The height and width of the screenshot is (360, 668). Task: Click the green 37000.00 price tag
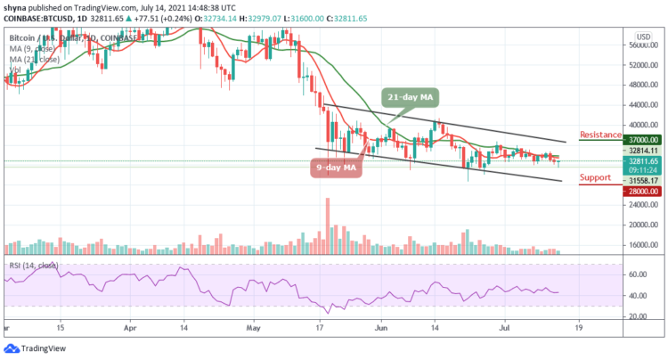[642, 140]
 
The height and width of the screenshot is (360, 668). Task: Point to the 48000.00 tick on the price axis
[642, 86]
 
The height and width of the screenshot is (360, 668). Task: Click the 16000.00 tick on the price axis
[642, 245]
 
